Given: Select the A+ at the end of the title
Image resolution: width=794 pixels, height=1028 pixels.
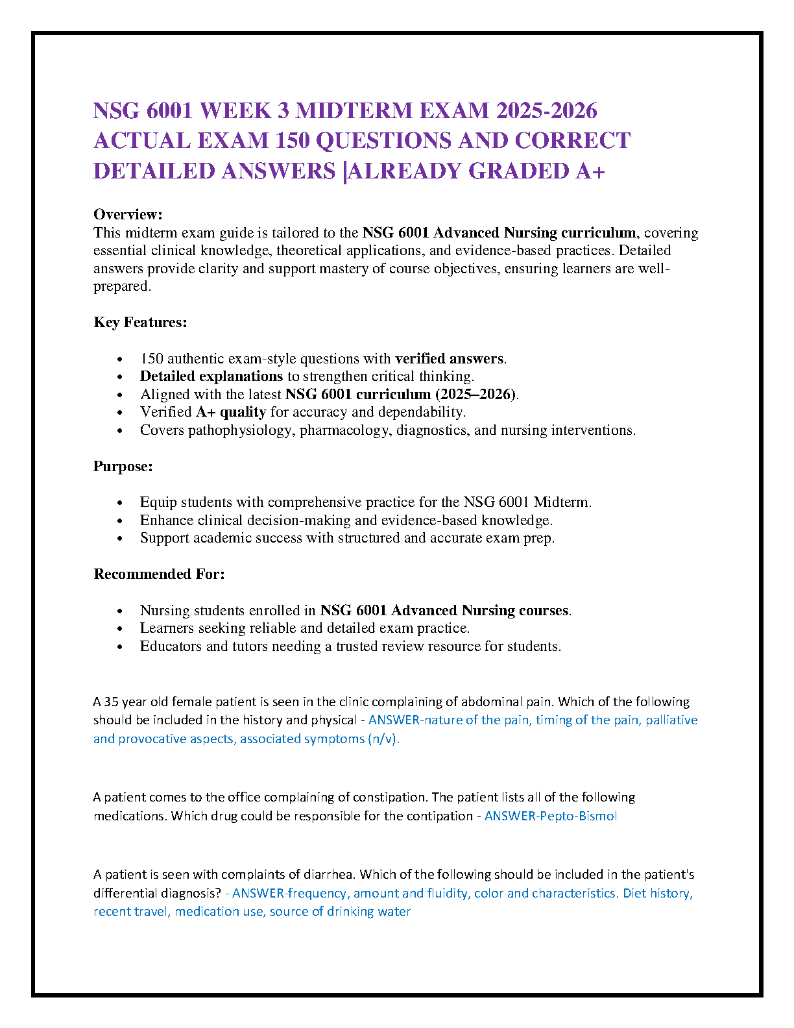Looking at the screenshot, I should point(590,171).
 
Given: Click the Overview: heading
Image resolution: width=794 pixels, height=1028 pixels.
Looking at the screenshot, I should point(128,214).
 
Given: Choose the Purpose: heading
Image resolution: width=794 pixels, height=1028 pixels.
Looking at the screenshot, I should point(123,466).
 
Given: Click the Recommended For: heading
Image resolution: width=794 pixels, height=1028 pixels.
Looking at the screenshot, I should point(159,574).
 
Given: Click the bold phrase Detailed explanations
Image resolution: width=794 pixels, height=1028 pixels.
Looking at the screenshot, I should point(211,376).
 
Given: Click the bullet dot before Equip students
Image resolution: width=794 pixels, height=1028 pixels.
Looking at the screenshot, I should point(119,503).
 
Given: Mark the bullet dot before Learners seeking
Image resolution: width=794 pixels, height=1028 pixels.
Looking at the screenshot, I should point(119,629).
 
